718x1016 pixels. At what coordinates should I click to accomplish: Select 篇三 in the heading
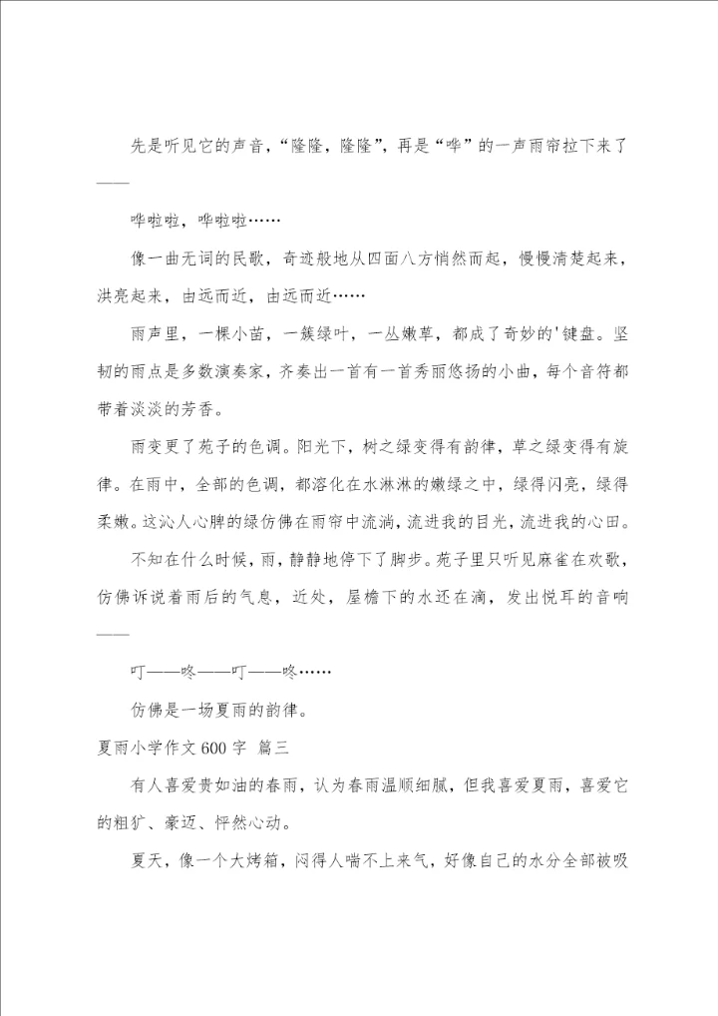[272, 747]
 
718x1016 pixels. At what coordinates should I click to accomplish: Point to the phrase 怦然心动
[250, 822]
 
